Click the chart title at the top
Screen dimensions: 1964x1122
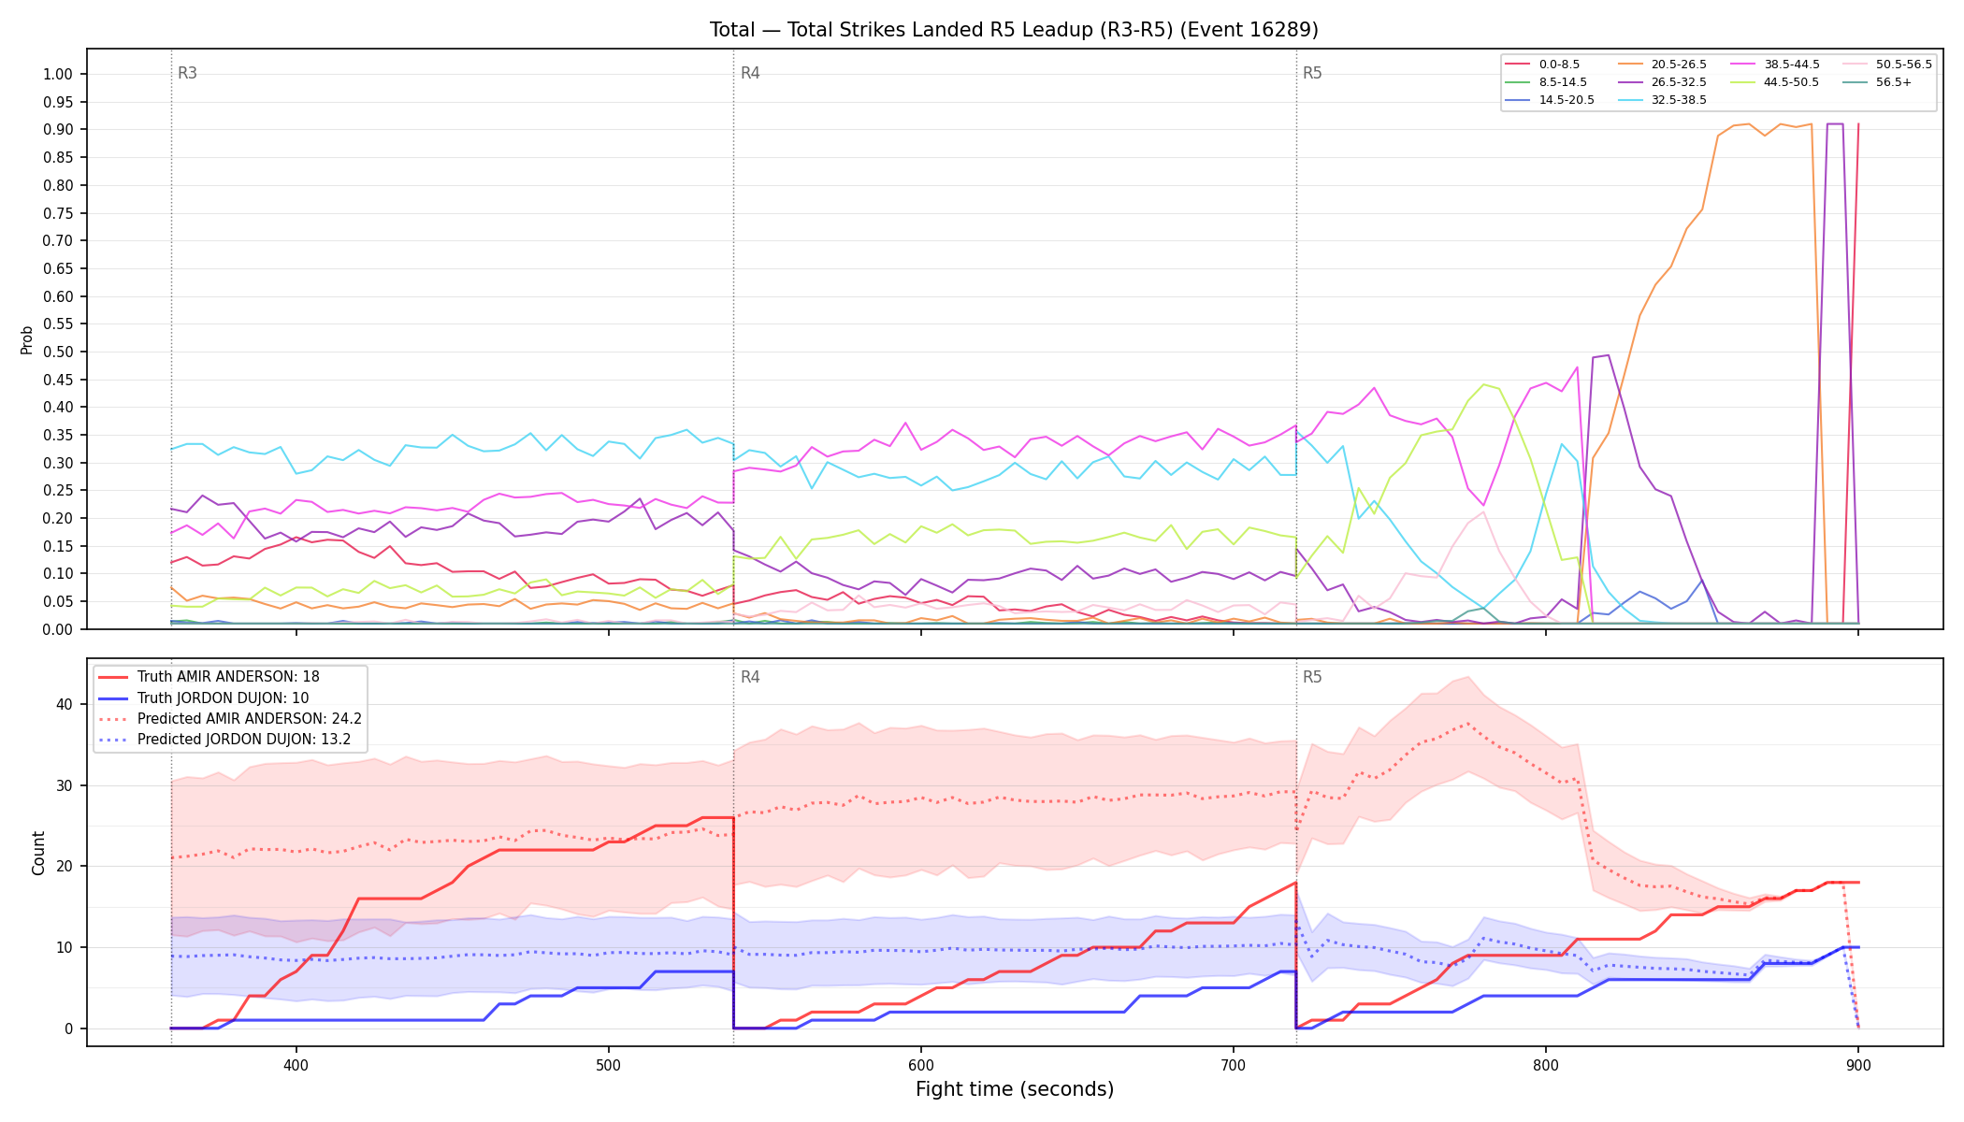pyautogui.click(x=1014, y=30)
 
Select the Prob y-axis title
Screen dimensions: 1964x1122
pyautogui.click(x=26, y=339)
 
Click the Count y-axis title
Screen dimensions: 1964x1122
pyautogui.click(x=38, y=853)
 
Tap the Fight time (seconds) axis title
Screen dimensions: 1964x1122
pyautogui.click(x=1015, y=1089)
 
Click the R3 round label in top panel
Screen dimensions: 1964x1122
pyautogui.click(x=187, y=73)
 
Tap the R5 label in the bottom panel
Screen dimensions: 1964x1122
pyautogui.click(x=1312, y=677)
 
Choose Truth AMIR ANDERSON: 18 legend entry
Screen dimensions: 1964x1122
pyautogui.click(x=228, y=677)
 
